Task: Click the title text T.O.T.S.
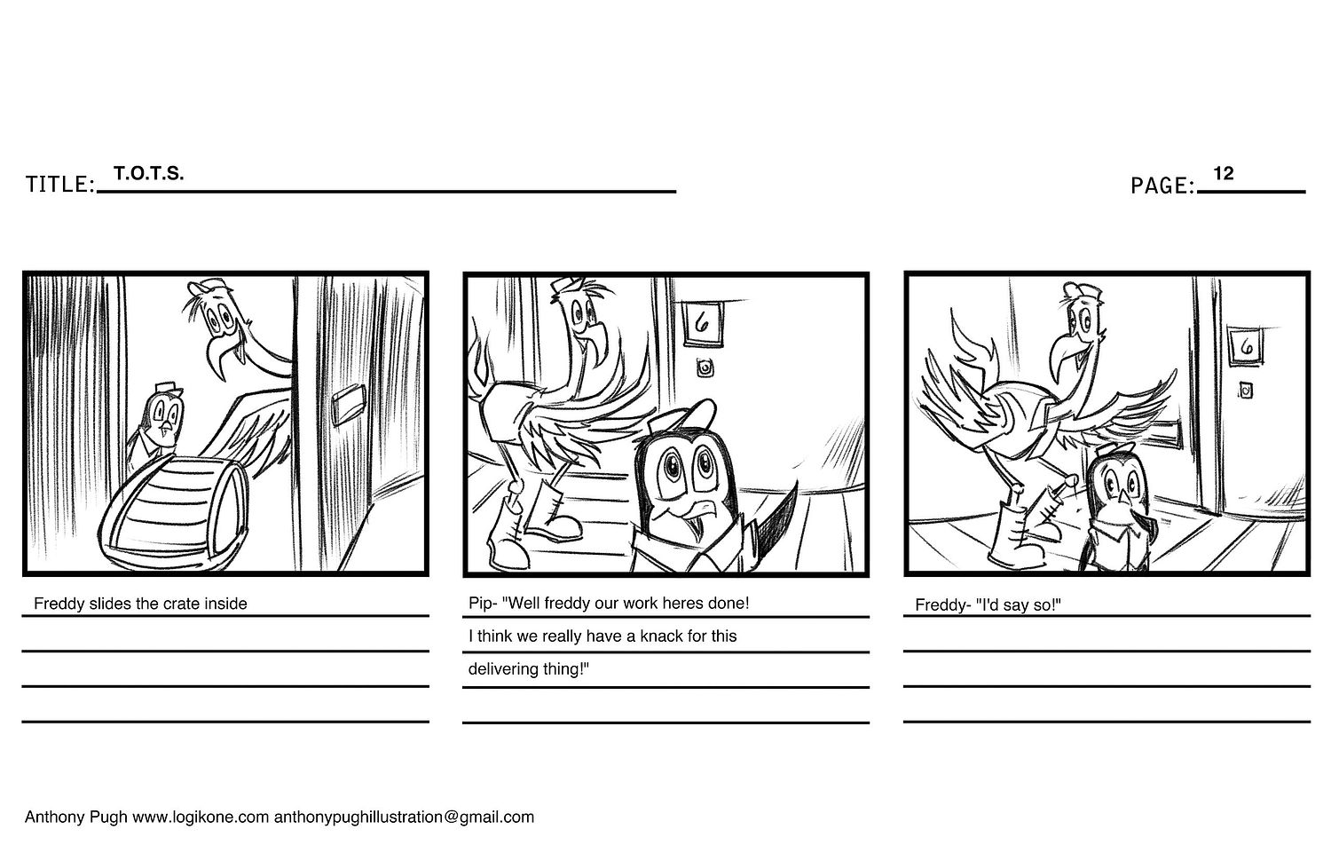(x=148, y=173)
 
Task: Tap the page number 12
(x=1224, y=173)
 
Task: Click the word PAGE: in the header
(x=1162, y=186)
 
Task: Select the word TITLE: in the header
(x=60, y=185)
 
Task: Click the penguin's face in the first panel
(x=164, y=418)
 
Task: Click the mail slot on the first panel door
(x=349, y=405)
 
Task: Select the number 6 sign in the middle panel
(x=703, y=324)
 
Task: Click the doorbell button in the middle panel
(x=705, y=368)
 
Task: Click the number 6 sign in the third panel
(x=1245, y=346)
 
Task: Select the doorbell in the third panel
(x=1246, y=391)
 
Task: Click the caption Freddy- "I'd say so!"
(x=988, y=604)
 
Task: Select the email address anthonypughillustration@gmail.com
(x=404, y=817)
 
